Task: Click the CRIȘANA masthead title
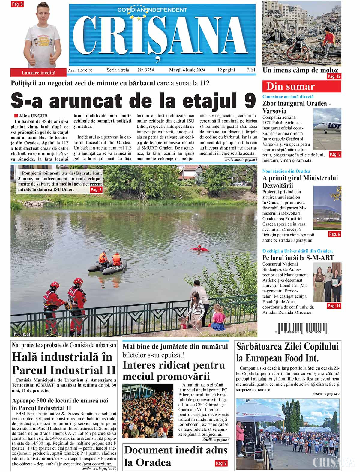coord(162,34)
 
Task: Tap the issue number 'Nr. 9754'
coord(146,70)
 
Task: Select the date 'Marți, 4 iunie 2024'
coord(187,70)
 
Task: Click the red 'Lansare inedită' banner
coord(38,73)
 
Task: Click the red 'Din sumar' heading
coord(301,87)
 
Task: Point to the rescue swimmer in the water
coord(199,248)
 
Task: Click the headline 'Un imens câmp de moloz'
coord(300,70)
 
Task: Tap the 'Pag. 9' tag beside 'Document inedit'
coord(221,463)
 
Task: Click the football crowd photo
coord(148,411)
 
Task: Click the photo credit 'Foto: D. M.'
coord(22,334)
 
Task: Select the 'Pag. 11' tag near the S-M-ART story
coord(334,306)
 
